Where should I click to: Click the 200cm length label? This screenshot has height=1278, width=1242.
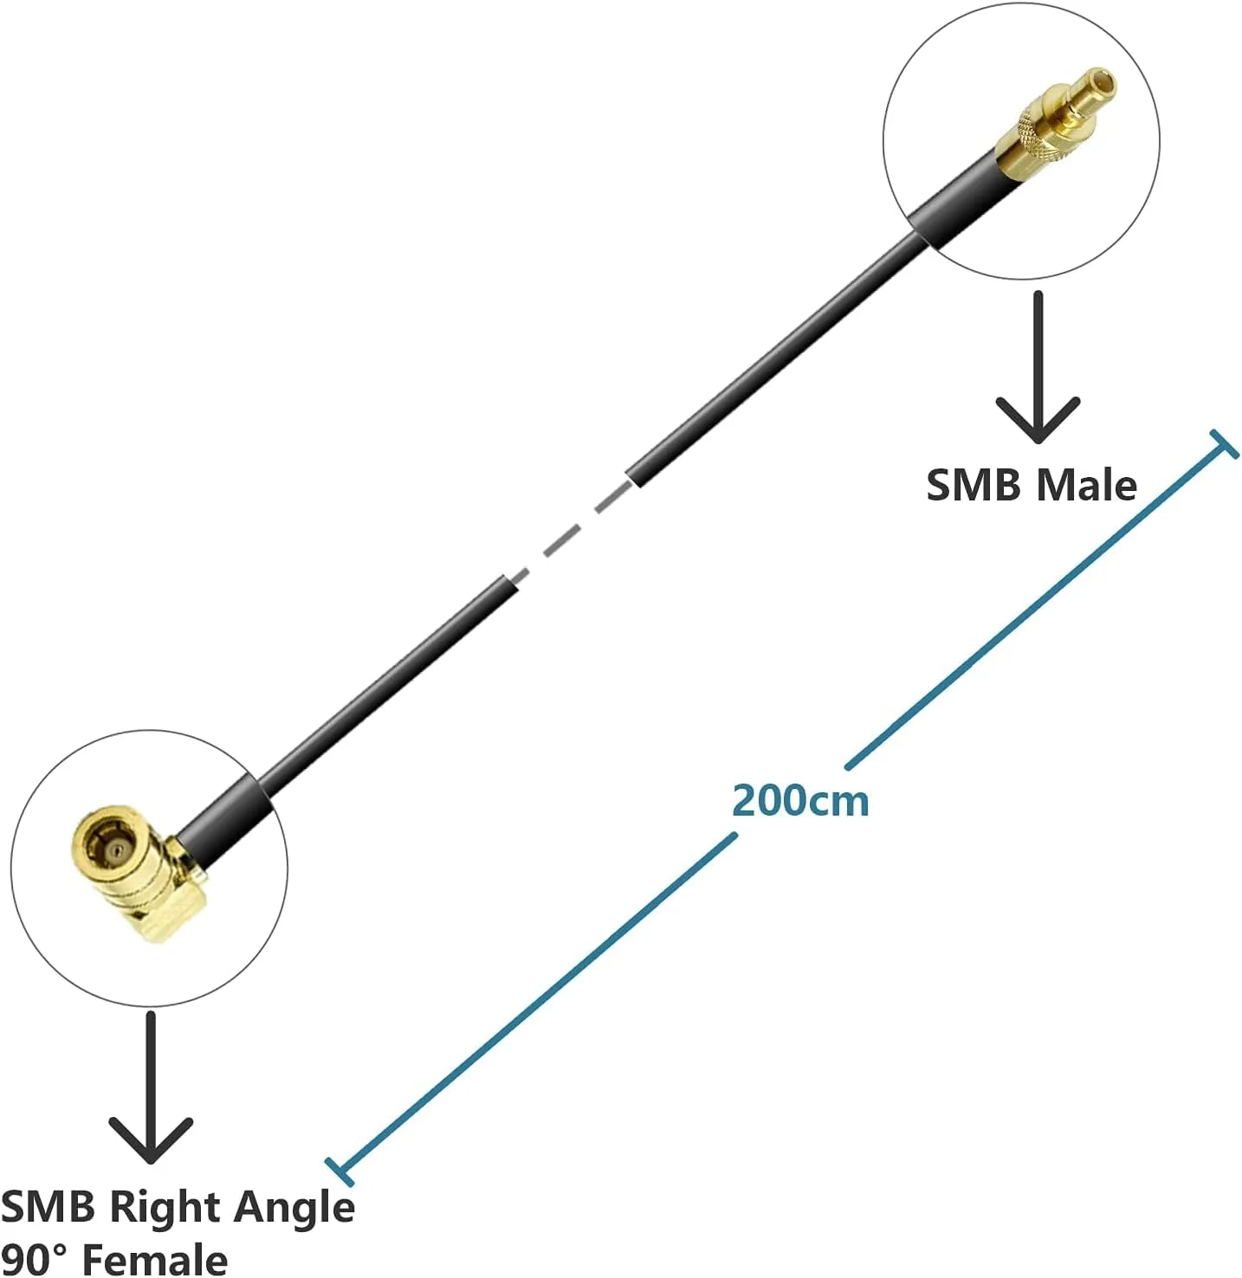800,800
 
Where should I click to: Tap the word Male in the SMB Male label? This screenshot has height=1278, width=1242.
1087,485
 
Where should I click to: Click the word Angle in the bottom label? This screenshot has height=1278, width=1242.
294,1207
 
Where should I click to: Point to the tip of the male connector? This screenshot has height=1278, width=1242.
1102,83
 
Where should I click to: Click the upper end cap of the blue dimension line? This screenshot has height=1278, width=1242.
1224,443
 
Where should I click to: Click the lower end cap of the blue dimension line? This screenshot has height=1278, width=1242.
340,1171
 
